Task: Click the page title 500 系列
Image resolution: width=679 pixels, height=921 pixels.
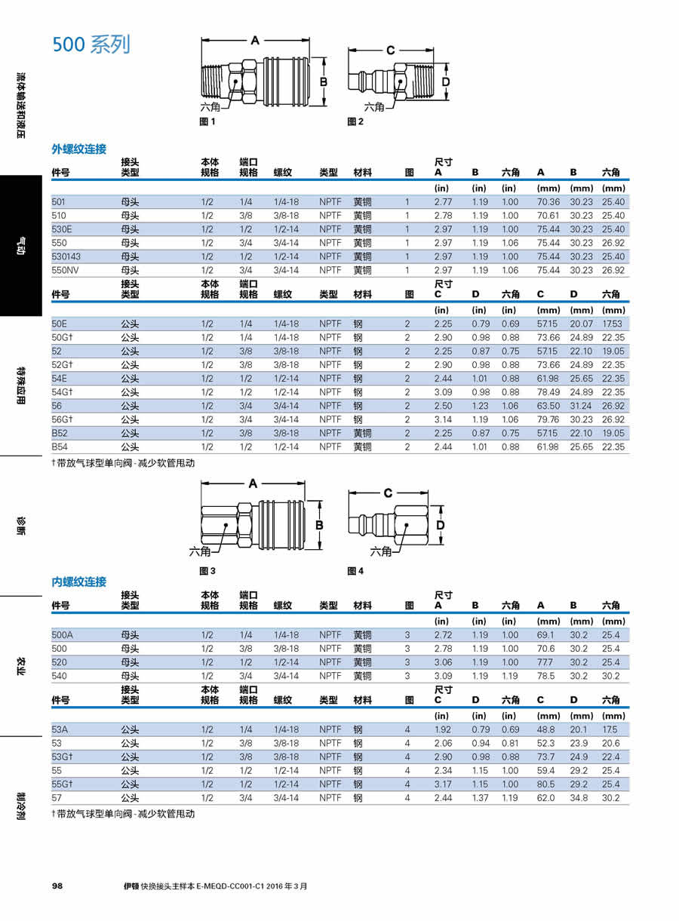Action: pos(91,45)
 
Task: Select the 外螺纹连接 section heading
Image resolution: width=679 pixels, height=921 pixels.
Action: pos(78,149)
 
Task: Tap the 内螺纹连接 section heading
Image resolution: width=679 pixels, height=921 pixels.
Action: pos(78,582)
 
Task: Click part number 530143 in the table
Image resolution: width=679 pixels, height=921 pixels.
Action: pos(66,256)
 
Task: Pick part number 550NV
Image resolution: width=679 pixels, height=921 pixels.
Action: pos(66,270)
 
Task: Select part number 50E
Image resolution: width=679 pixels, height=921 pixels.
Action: pos(60,324)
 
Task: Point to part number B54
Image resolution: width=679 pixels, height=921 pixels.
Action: pos(60,447)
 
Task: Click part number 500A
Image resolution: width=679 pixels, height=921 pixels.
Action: pos(63,635)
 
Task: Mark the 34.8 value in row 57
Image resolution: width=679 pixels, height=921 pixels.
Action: pos(579,797)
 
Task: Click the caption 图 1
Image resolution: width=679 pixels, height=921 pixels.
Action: pos(207,121)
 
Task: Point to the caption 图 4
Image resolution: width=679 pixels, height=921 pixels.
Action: pos(355,571)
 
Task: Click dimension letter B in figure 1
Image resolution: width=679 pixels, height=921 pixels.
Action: pos(323,81)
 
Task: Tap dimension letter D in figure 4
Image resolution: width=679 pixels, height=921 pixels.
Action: pos(440,524)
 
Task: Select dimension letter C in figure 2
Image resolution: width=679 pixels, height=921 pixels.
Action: pos(390,51)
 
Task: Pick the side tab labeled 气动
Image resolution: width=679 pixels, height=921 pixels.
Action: pos(21,246)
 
